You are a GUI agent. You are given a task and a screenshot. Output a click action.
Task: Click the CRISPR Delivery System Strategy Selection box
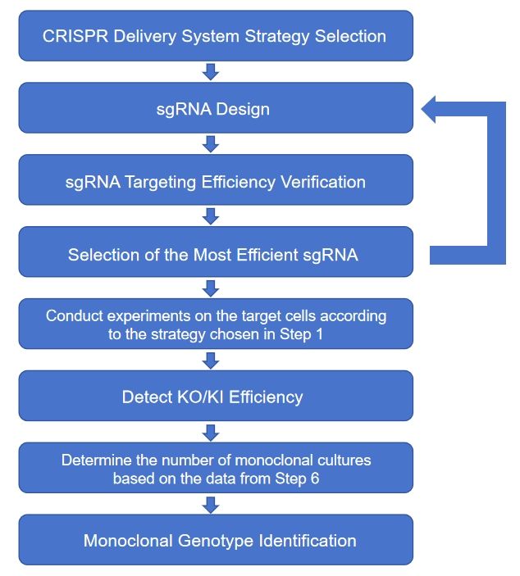pyautogui.click(x=215, y=36)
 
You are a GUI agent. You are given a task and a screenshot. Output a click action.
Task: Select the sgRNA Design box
pyautogui.click(x=215, y=108)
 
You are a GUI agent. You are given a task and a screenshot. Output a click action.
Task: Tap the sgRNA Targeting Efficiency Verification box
pyautogui.click(x=215, y=181)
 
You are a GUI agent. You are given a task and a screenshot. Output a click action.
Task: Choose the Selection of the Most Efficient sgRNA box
pyautogui.click(x=215, y=253)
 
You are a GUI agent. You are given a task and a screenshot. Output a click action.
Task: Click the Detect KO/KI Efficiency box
pyautogui.click(x=215, y=397)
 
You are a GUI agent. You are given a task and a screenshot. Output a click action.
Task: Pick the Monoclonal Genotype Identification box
pyautogui.click(x=215, y=541)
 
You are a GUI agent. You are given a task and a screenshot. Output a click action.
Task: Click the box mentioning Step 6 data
pyautogui.click(x=215, y=469)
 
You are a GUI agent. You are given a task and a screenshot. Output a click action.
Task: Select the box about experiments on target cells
pyautogui.click(x=215, y=324)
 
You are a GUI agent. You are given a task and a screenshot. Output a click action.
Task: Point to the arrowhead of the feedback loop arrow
pyautogui.click(x=430, y=109)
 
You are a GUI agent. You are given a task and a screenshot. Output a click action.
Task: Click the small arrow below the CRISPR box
pyautogui.click(x=211, y=72)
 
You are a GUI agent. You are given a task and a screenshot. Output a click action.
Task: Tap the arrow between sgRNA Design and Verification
pyautogui.click(x=211, y=144)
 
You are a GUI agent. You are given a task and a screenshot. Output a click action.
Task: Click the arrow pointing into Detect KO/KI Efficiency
pyautogui.click(x=211, y=361)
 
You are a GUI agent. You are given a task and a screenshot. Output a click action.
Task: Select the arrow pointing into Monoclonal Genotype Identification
pyautogui.click(x=211, y=505)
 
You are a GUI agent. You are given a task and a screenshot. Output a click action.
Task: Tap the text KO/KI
pyautogui.click(x=198, y=397)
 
